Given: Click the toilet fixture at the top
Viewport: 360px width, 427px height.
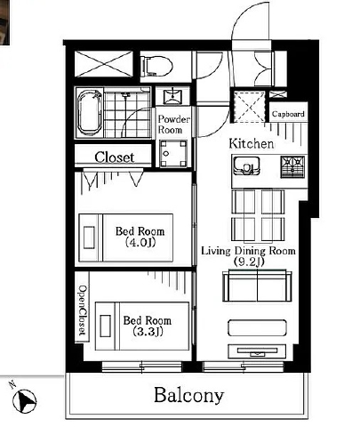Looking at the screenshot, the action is click(157, 66).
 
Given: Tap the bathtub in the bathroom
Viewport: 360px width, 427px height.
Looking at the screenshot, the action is click(90, 112).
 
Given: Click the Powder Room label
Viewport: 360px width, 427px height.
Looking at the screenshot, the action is click(173, 125).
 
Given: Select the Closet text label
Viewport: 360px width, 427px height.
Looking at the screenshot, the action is click(115, 157).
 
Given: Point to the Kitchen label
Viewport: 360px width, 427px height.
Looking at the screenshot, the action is click(252, 144).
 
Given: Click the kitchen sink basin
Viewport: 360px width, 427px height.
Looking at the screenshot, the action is click(246, 166).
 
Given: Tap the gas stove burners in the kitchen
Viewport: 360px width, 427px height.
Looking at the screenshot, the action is click(292, 167).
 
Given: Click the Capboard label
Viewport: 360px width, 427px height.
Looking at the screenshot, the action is click(288, 114).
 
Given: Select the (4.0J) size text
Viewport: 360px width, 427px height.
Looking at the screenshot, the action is click(140, 243).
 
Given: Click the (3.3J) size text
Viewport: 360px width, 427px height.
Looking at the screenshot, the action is click(148, 331).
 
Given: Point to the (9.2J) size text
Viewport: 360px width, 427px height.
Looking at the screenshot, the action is click(248, 262).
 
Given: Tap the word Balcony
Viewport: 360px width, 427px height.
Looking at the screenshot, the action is click(188, 396).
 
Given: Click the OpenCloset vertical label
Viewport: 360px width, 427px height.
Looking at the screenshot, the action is click(83, 310).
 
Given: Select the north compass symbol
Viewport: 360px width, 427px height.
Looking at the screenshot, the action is click(24, 400).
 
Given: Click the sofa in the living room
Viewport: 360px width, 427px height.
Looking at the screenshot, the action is click(257, 286).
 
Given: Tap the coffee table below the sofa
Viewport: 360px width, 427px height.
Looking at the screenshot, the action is click(257, 327).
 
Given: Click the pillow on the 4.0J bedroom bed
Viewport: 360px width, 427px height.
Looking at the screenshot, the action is click(89, 238).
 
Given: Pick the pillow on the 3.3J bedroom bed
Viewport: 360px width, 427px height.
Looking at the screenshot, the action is click(106, 326).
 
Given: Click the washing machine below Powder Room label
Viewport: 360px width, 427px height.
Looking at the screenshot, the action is click(173, 154).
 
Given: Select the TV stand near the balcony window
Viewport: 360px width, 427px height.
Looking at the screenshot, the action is click(257, 351).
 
